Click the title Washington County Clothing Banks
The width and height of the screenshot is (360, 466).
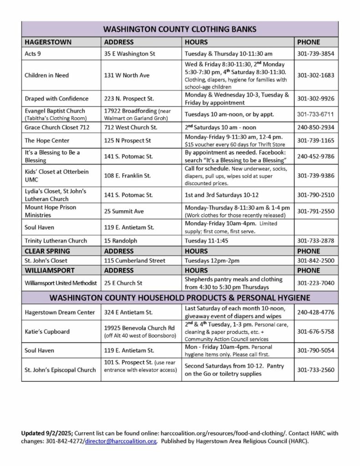180,29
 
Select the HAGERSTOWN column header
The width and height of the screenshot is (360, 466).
42,42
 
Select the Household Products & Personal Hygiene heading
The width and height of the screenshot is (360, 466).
180,298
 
